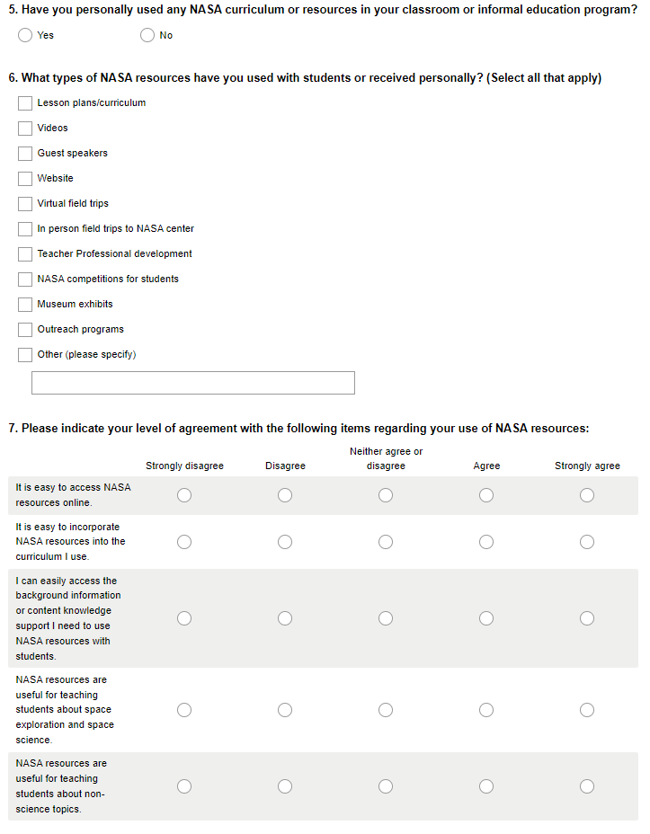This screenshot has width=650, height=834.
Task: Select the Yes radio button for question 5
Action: point(25,35)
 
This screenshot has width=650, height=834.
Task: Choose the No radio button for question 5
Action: point(147,35)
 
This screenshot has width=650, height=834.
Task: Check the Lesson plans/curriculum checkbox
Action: point(25,103)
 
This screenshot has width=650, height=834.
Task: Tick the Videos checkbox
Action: point(25,129)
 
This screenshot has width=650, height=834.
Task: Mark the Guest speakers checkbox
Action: point(25,154)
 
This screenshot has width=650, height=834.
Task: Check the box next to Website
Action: point(25,179)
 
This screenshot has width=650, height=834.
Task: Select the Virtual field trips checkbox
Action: point(25,204)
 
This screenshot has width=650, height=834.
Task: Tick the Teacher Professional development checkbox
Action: point(25,254)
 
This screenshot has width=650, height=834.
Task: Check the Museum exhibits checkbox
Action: point(25,305)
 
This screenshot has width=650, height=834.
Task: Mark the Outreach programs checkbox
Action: point(25,330)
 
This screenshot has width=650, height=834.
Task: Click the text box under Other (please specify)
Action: point(193,383)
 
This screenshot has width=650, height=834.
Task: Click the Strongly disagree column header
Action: point(184,466)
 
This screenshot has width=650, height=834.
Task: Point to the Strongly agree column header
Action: point(587,466)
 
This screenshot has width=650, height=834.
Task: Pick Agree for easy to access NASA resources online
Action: point(486,495)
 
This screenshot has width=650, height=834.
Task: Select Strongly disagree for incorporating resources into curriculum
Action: point(184,542)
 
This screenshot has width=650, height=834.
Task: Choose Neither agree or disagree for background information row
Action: point(386,618)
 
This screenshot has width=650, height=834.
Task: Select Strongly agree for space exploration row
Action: point(587,710)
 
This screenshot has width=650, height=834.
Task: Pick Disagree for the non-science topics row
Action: point(285,786)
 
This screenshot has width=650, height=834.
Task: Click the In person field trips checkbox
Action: point(25,229)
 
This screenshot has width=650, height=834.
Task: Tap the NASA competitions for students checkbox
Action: point(25,279)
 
